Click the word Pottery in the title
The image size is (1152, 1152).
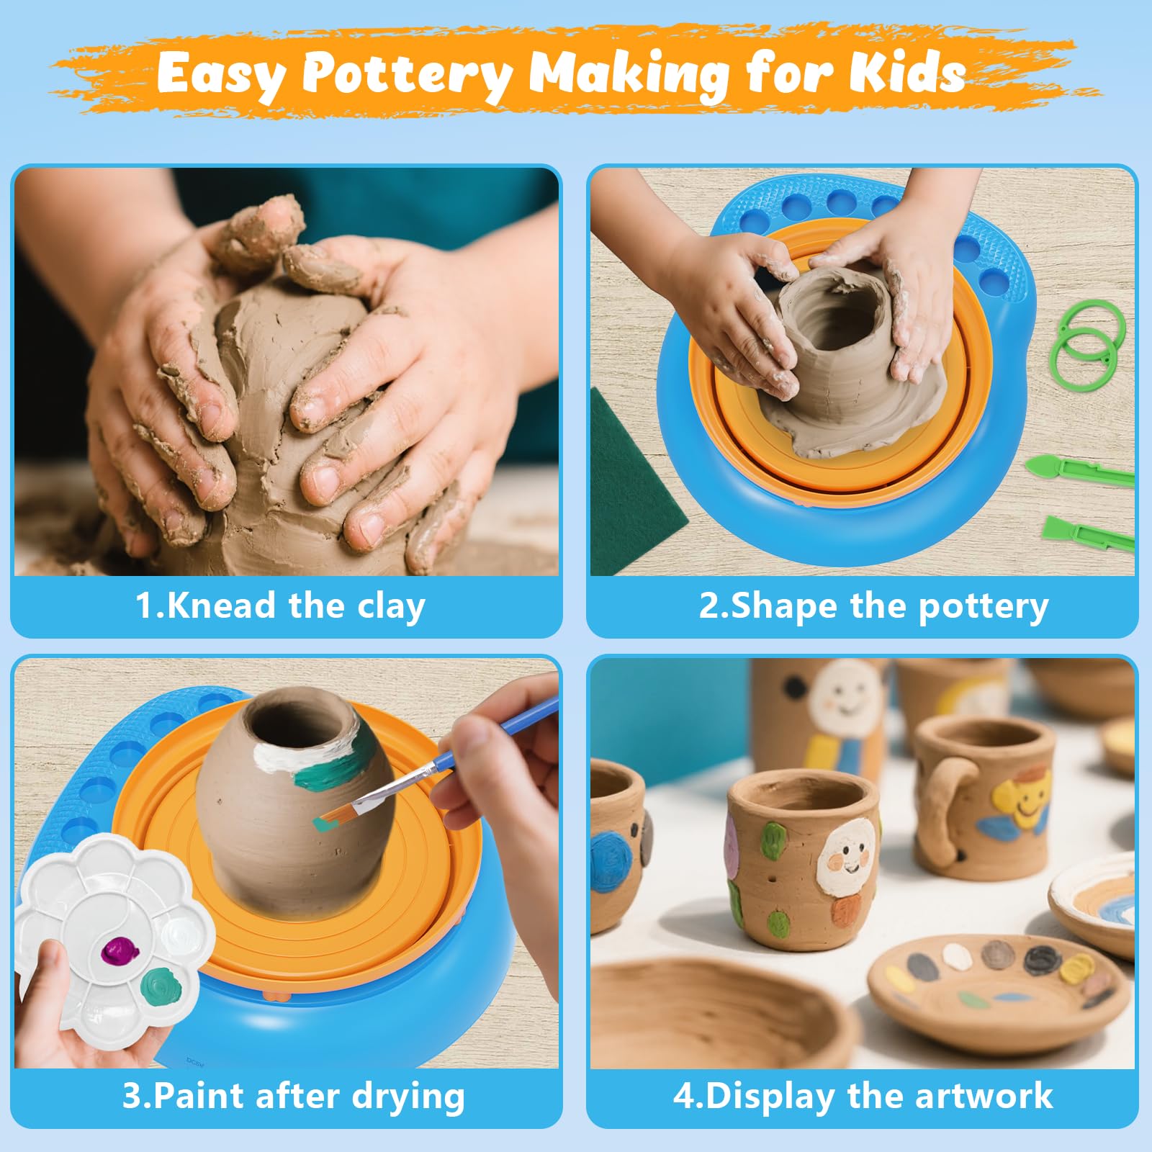(407, 74)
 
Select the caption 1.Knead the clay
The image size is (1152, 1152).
(280, 606)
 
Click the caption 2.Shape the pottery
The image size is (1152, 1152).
(873, 606)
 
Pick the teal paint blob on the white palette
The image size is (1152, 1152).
(160, 987)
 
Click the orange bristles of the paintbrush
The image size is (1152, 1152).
(336, 814)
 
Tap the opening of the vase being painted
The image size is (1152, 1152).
(302, 719)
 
